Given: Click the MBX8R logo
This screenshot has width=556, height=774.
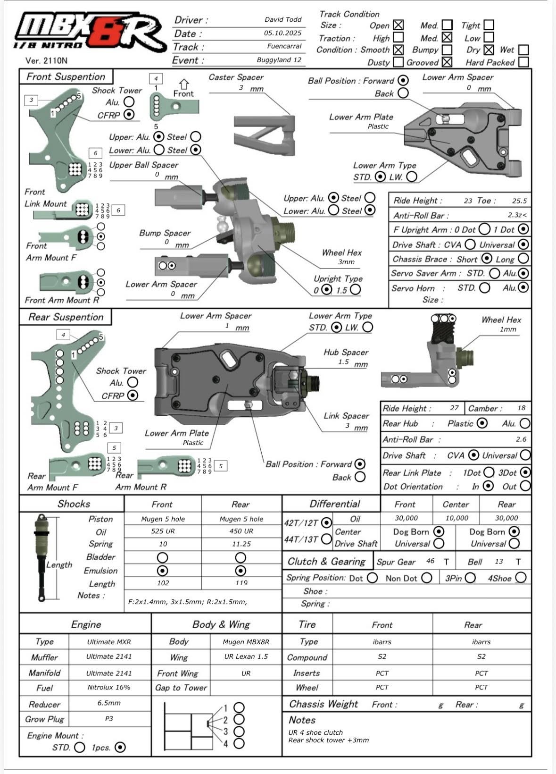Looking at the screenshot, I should (x=90, y=32).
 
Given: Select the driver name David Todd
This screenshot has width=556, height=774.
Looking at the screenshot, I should (x=282, y=20).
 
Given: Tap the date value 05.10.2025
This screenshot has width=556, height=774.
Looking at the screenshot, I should (x=282, y=33).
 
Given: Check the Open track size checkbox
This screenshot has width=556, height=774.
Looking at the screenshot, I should (x=398, y=25).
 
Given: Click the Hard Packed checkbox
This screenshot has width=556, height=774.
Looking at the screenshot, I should (x=523, y=62).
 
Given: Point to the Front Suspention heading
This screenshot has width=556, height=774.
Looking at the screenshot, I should (x=66, y=76).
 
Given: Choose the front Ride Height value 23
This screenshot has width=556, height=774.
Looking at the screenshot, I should (x=467, y=201).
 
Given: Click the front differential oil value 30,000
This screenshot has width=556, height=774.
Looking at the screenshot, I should (x=406, y=518).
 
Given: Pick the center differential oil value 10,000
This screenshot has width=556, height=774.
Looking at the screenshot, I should (x=456, y=518).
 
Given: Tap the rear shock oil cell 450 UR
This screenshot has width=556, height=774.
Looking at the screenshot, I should (x=241, y=531).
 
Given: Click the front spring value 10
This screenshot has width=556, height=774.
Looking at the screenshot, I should (x=163, y=544).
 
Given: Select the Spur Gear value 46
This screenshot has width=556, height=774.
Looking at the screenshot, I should (x=430, y=561).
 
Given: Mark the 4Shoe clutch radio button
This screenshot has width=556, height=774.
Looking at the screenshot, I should (x=521, y=577).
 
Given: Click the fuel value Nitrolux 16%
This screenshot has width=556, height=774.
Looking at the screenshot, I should (x=109, y=687).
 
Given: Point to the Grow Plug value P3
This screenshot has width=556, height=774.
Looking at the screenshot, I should (x=109, y=718).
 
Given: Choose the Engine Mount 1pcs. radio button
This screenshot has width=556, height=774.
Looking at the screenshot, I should (x=120, y=747).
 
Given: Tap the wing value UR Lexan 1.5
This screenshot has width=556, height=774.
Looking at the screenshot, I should (x=246, y=656).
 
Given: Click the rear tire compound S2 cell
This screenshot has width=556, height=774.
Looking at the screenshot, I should (x=481, y=656).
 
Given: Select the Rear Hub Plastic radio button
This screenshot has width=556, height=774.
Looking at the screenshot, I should (x=481, y=423).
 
